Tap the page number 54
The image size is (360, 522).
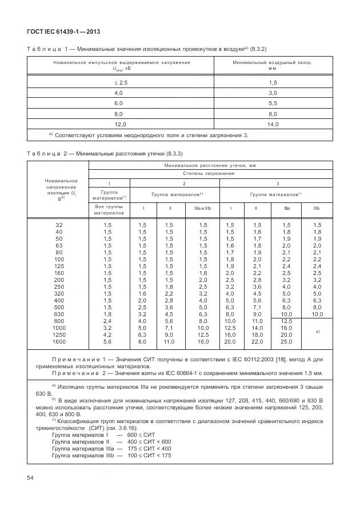click(x=30, y=476)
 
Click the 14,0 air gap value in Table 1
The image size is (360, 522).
click(x=273, y=124)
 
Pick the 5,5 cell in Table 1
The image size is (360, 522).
click(x=273, y=103)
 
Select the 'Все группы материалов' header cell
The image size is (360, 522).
click(x=109, y=209)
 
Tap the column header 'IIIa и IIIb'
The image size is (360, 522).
click(x=202, y=209)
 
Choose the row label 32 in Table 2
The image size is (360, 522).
click(x=59, y=225)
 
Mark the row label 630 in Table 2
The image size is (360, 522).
click(x=59, y=314)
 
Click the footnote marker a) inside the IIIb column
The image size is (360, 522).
click(x=317, y=331)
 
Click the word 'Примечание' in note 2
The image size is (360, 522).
click(x=72, y=373)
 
